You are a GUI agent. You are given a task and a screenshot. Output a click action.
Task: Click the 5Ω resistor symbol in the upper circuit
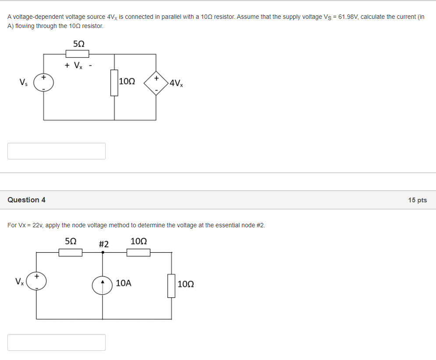(x=77, y=54)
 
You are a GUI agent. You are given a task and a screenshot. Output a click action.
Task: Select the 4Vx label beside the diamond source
(x=176, y=83)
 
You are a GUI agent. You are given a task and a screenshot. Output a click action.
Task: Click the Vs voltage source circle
(x=43, y=82)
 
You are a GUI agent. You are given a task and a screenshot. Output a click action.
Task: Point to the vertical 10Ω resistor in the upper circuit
(x=114, y=82)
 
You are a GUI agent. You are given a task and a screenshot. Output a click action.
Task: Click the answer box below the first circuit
(x=57, y=151)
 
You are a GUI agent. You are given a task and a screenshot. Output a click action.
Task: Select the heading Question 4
(x=26, y=200)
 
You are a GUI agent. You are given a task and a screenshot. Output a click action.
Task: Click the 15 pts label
(x=417, y=200)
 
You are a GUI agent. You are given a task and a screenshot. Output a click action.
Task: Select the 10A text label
(x=124, y=283)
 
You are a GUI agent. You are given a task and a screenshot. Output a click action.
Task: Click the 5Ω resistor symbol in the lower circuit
(x=71, y=252)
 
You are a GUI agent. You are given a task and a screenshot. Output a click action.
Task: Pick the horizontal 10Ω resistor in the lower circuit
(x=138, y=252)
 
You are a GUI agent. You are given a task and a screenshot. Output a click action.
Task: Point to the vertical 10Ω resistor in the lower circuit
(x=171, y=286)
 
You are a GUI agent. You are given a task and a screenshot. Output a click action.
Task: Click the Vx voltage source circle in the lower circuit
(x=36, y=282)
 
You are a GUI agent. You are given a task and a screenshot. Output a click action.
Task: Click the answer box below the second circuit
(x=57, y=342)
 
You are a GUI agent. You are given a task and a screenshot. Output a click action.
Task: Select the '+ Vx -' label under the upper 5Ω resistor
(x=78, y=66)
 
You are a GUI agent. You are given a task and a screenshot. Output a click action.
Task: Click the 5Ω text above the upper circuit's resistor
(x=78, y=44)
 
